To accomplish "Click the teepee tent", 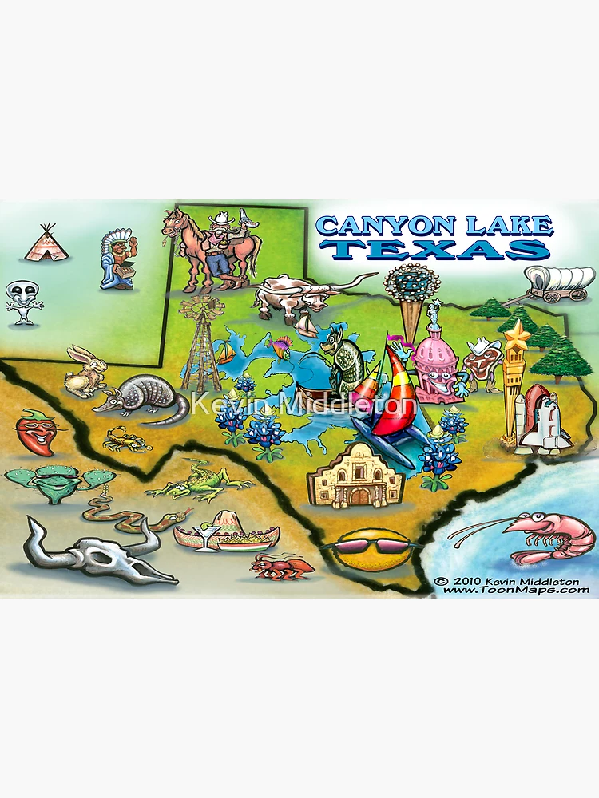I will tap(46, 243).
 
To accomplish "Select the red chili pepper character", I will tap(36, 431).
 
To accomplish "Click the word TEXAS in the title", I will tap(439, 249).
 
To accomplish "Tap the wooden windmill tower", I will tap(200, 343).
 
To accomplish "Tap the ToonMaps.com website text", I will tap(515, 591).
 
